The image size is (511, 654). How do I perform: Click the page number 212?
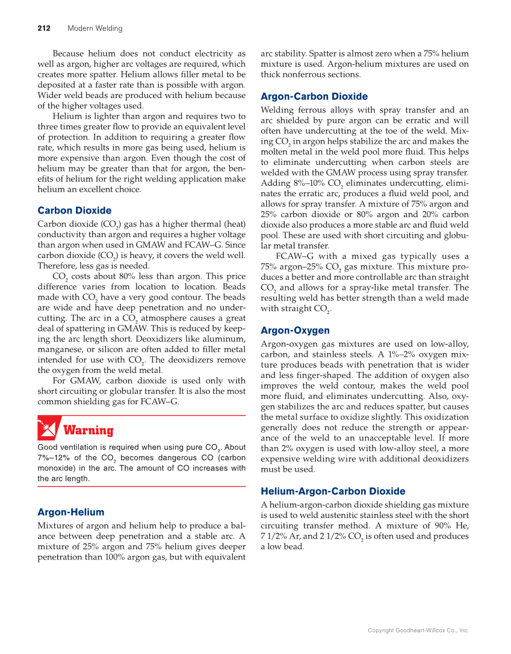(x=43, y=28)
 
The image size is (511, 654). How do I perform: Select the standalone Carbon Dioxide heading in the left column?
(x=74, y=211)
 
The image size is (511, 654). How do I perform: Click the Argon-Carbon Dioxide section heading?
(x=314, y=96)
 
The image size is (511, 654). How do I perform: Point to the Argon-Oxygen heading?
(x=295, y=330)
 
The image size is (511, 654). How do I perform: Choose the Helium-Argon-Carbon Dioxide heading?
(x=333, y=491)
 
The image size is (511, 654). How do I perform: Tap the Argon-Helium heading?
(x=70, y=512)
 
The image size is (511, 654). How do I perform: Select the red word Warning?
(x=88, y=431)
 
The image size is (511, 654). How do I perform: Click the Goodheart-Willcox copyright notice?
(x=418, y=631)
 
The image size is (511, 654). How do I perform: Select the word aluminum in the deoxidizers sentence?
(x=224, y=339)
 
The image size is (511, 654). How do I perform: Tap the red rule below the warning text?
(x=141, y=486)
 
